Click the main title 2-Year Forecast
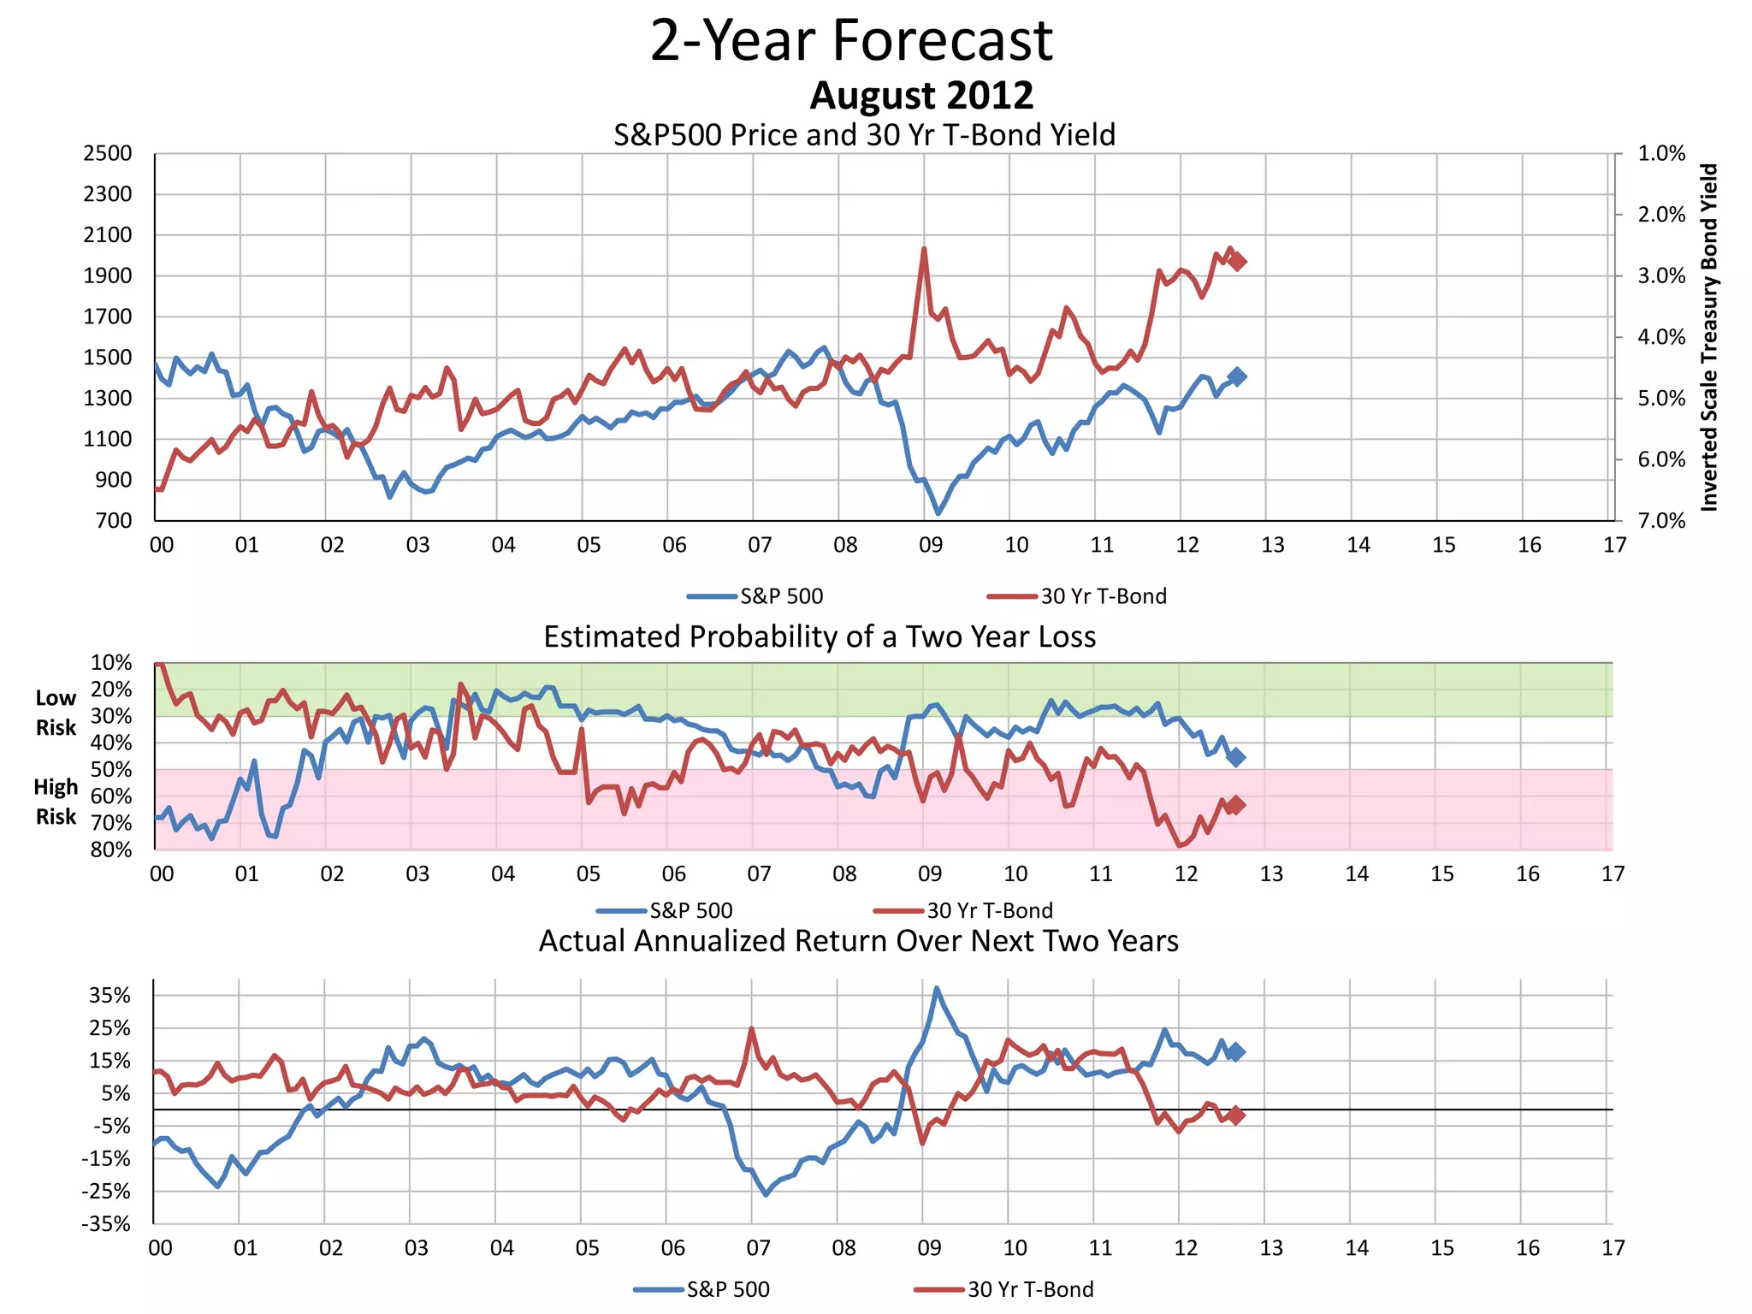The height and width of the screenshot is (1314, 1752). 851,40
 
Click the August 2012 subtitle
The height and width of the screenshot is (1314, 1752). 921,95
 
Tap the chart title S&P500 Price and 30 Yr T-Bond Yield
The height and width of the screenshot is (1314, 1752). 864,135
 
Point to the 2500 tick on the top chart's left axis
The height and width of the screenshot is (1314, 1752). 108,154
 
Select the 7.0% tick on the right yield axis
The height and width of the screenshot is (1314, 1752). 1661,521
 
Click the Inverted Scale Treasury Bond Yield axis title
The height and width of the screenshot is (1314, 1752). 1708,337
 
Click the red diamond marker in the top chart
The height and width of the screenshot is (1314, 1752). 1236,261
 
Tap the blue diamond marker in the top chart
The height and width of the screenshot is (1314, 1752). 1237,376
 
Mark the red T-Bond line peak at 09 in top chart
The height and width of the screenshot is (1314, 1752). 924,249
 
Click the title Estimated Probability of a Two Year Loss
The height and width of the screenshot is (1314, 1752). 820,637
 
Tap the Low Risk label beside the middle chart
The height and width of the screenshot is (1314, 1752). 56,713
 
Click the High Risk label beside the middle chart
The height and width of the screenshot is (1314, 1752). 56,802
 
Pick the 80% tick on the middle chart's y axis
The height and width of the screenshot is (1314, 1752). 111,849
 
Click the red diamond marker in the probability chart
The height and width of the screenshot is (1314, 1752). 1234,805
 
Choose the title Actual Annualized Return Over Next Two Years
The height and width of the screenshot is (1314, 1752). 858,941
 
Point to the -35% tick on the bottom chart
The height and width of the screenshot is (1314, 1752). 106,1224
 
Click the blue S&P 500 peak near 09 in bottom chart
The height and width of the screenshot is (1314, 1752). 937,988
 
